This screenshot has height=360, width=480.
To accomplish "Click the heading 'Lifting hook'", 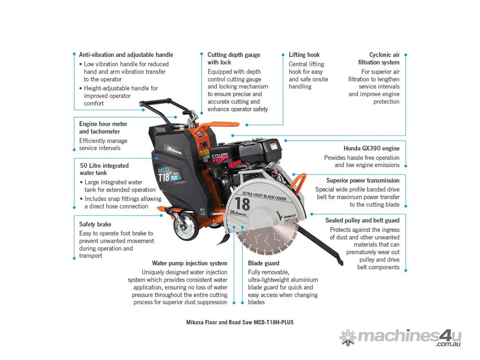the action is coord(304,55).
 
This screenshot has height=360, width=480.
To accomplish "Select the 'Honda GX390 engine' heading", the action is coord(371,149).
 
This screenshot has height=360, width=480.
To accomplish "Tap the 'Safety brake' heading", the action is coord(95,225).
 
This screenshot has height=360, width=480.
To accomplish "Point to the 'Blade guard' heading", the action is coord(263,263).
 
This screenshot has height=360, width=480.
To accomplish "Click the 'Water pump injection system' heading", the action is coord(189,263).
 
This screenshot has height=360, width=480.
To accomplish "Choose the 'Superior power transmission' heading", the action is coord(363,180).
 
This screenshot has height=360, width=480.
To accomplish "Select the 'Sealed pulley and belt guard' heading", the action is coord(362,220).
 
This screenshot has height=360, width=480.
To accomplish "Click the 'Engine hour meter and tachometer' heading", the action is coord(103,127).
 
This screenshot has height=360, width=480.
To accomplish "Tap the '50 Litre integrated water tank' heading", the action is coord(104,169).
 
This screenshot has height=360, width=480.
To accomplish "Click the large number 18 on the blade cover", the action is coord(242,204).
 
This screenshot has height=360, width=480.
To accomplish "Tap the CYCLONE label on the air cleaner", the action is coord(220,155).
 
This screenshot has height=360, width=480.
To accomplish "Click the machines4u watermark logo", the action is coord(400,337).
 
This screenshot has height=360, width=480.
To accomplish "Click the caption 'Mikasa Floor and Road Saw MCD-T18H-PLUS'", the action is coord(240,322).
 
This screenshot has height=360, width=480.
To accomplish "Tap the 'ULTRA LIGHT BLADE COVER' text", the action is coord(264,196).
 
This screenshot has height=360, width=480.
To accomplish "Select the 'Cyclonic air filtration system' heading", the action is coord(379,59).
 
